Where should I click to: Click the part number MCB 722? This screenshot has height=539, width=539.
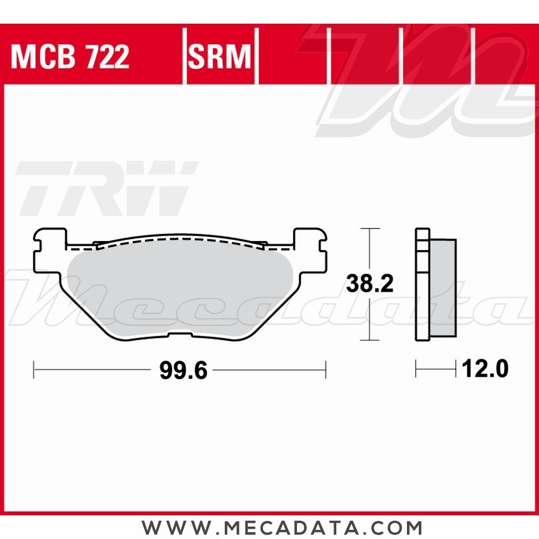click(x=70, y=57)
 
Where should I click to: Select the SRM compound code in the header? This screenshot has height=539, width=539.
click(x=220, y=57)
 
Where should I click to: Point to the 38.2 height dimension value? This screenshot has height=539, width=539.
click(x=369, y=285)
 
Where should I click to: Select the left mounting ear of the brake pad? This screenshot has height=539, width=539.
click(x=50, y=248)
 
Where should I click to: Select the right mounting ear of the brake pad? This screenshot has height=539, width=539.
click(x=310, y=248)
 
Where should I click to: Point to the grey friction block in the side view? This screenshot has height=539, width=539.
click(x=443, y=288)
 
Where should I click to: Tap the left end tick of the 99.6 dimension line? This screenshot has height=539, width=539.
click(x=34, y=370)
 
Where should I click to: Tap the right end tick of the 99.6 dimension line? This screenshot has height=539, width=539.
click(x=326, y=370)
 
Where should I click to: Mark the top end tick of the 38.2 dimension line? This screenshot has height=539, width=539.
click(x=369, y=229)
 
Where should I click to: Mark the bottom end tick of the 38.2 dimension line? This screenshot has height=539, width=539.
click(x=369, y=341)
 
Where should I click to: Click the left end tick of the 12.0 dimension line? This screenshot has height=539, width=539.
click(x=416, y=370)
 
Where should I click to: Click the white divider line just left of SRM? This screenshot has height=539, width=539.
click(x=184, y=57)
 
